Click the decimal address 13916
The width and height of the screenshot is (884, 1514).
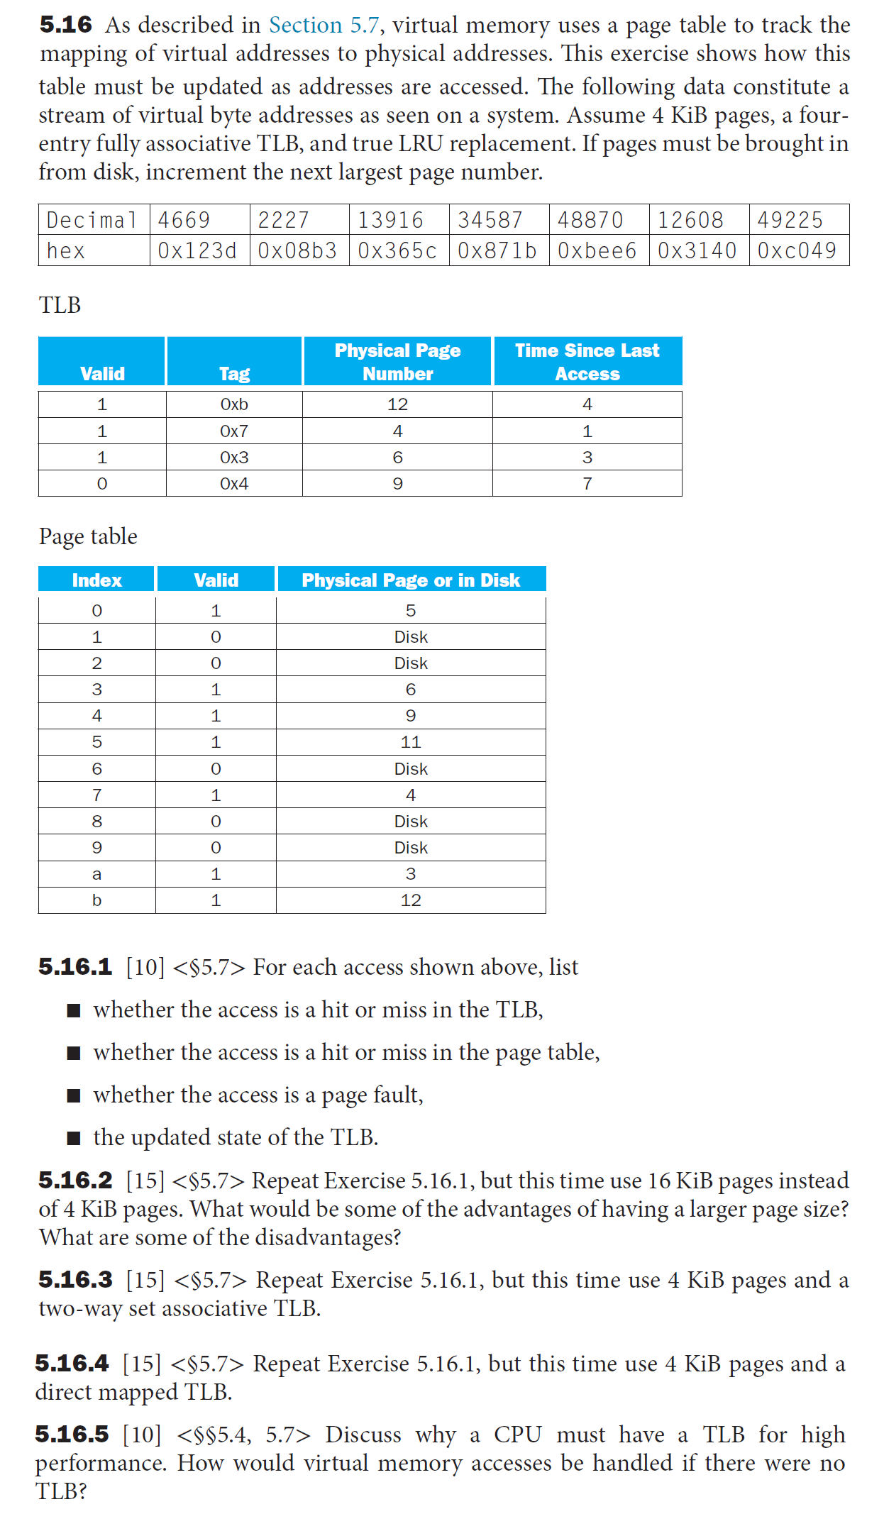click(390, 220)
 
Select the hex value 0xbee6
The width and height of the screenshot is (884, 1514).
click(597, 250)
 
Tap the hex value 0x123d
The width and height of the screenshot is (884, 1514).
click(197, 250)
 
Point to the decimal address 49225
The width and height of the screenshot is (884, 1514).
click(790, 220)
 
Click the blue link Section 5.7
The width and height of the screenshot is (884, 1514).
click(324, 25)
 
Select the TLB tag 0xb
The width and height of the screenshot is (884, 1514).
click(234, 404)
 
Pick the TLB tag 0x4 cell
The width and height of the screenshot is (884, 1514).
click(234, 484)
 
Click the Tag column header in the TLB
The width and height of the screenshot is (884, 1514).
click(234, 373)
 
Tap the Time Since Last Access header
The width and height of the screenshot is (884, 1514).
click(587, 362)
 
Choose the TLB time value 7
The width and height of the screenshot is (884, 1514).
click(587, 484)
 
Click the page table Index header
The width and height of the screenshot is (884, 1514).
click(96, 580)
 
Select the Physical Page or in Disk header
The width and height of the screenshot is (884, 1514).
click(411, 580)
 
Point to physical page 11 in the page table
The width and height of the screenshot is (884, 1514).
click(411, 742)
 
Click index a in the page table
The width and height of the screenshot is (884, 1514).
click(96, 874)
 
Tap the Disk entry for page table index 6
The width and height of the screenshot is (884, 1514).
click(411, 769)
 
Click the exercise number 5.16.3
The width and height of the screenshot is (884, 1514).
click(75, 1280)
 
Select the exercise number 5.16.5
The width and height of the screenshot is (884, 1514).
click(72, 1435)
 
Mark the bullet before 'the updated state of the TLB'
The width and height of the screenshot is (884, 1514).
click(74, 1138)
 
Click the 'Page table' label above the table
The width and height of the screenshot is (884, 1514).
click(88, 536)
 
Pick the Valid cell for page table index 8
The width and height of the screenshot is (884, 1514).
click(216, 822)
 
